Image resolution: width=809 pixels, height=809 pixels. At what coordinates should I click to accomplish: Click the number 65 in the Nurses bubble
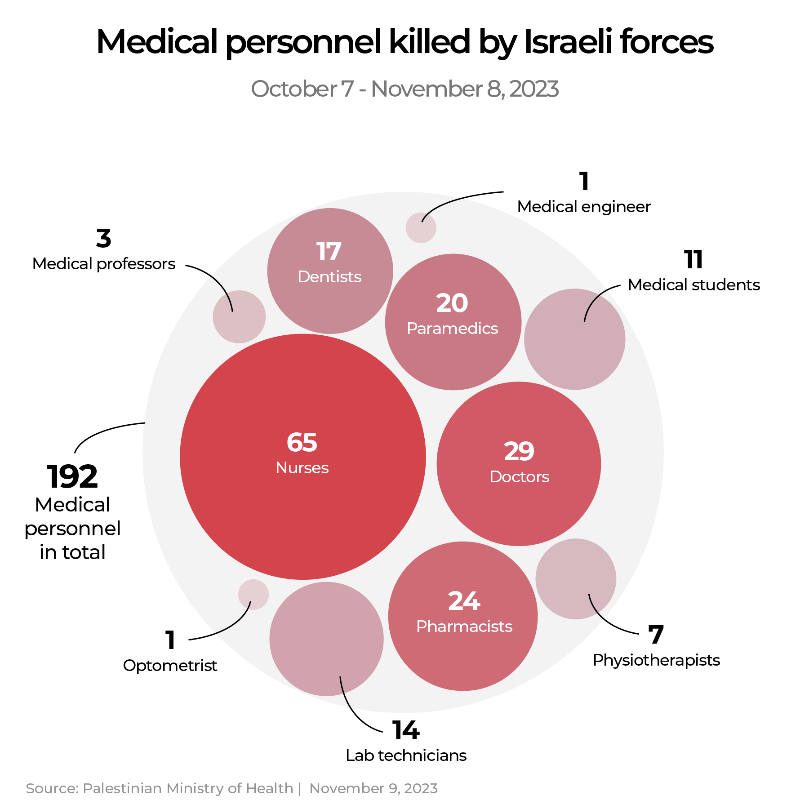pos(302,442)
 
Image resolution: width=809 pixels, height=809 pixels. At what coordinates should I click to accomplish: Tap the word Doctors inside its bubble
pos(519,477)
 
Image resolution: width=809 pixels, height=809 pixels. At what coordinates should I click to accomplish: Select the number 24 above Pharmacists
pos(464,601)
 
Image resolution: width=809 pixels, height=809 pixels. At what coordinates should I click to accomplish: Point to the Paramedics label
pos(452,329)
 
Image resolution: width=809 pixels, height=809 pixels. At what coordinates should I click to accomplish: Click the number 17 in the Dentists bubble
pos(329,251)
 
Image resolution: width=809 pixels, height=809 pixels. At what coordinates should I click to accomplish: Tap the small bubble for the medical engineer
pos(421,228)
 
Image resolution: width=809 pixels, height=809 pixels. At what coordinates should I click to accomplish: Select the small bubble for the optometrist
pos(253,594)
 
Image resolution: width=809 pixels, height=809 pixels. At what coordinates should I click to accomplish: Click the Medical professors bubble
pos(239,317)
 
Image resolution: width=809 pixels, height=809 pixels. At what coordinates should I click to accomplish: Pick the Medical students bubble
pos(574,339)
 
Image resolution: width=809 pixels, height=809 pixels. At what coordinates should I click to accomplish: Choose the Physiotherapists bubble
pos(576,579)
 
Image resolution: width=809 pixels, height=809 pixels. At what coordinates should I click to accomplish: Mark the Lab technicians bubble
pos(326,639)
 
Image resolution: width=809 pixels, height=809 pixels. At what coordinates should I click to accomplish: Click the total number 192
pos(72,477)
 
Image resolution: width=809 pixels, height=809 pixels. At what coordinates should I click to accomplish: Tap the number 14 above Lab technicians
pos(405,730)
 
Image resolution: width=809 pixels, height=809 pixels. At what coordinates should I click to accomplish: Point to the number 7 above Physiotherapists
pos(656,635)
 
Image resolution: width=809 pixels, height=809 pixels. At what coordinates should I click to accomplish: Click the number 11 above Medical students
pos(693,260)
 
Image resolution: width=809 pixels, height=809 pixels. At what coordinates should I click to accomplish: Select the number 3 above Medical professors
pos(103,239)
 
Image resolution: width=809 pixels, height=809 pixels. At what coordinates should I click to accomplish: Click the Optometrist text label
pos(170,666)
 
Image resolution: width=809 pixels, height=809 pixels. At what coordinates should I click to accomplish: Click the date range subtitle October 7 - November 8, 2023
pos(404,89)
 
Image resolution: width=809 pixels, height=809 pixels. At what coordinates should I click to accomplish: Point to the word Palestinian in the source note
pos(122,788)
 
